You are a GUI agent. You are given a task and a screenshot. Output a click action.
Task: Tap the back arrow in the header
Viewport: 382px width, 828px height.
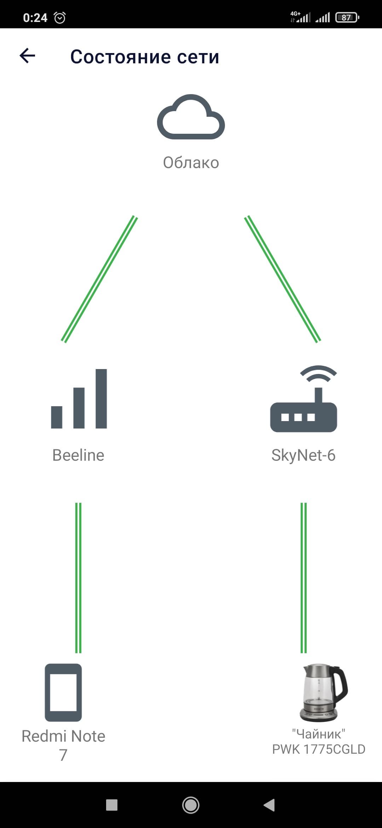click(x=27, y=56)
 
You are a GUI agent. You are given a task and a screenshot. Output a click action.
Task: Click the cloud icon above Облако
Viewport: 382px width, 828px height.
click(x=191, y=117)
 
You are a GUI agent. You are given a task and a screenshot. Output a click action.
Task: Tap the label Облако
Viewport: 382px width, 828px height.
click(x=191, y=163)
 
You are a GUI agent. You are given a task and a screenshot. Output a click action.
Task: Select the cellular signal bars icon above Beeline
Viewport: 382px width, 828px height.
click(x=79, y=399)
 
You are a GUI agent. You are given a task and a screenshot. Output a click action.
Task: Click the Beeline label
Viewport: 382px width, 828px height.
click(x=78, y=455)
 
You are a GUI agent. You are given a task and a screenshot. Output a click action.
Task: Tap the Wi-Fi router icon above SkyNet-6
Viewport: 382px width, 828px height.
click(x=303, y=399)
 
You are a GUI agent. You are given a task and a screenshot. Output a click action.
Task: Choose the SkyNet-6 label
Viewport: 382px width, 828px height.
click(x=303, y=455)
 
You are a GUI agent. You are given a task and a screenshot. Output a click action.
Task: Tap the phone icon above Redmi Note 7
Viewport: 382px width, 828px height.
click(x=63, y=692)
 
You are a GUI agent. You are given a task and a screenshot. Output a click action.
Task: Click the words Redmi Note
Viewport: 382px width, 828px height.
click(x=63, y=736)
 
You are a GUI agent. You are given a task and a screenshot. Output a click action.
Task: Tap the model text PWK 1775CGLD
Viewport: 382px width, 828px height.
click(x=319, y=749)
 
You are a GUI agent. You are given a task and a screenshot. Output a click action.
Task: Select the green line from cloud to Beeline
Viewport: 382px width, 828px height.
click(x=99, y=279)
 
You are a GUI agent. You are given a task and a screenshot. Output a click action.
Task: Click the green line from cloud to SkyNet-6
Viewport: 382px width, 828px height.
click(x=283, y=279)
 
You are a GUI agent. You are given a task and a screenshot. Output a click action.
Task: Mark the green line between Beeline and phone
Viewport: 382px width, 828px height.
click(x=79, y=578)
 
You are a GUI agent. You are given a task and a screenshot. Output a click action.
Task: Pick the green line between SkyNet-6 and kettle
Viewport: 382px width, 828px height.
click(x=303, y=578)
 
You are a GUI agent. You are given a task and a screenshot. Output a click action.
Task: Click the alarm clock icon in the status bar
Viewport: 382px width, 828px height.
click(x=59, y=17)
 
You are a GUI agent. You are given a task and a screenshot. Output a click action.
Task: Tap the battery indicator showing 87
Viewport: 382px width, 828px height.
click(x=347, y=17)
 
